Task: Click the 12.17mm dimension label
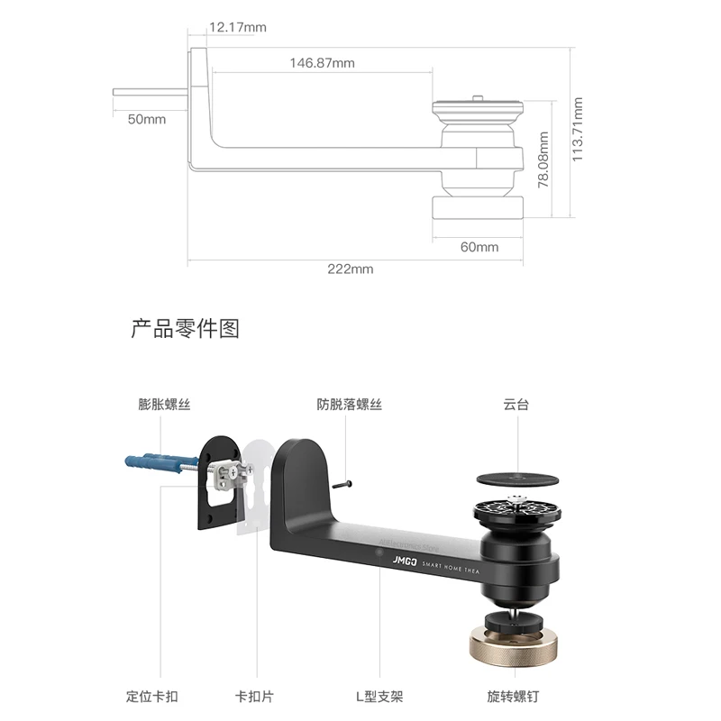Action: tap(237, 27)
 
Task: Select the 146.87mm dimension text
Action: tap(322, 63)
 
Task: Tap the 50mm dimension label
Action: tap(146, 119)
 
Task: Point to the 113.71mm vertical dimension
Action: tap(579, 129)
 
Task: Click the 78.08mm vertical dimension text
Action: tap(543, 160)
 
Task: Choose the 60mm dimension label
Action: tap(479, 247)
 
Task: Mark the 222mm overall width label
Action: tap(350, 269)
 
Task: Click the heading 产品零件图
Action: tap(185, 328)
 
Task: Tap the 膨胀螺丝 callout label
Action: tap(165, 405)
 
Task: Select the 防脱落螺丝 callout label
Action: tap(350, 405)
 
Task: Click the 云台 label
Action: tap(516, 405)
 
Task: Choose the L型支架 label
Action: tap(379, 697)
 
